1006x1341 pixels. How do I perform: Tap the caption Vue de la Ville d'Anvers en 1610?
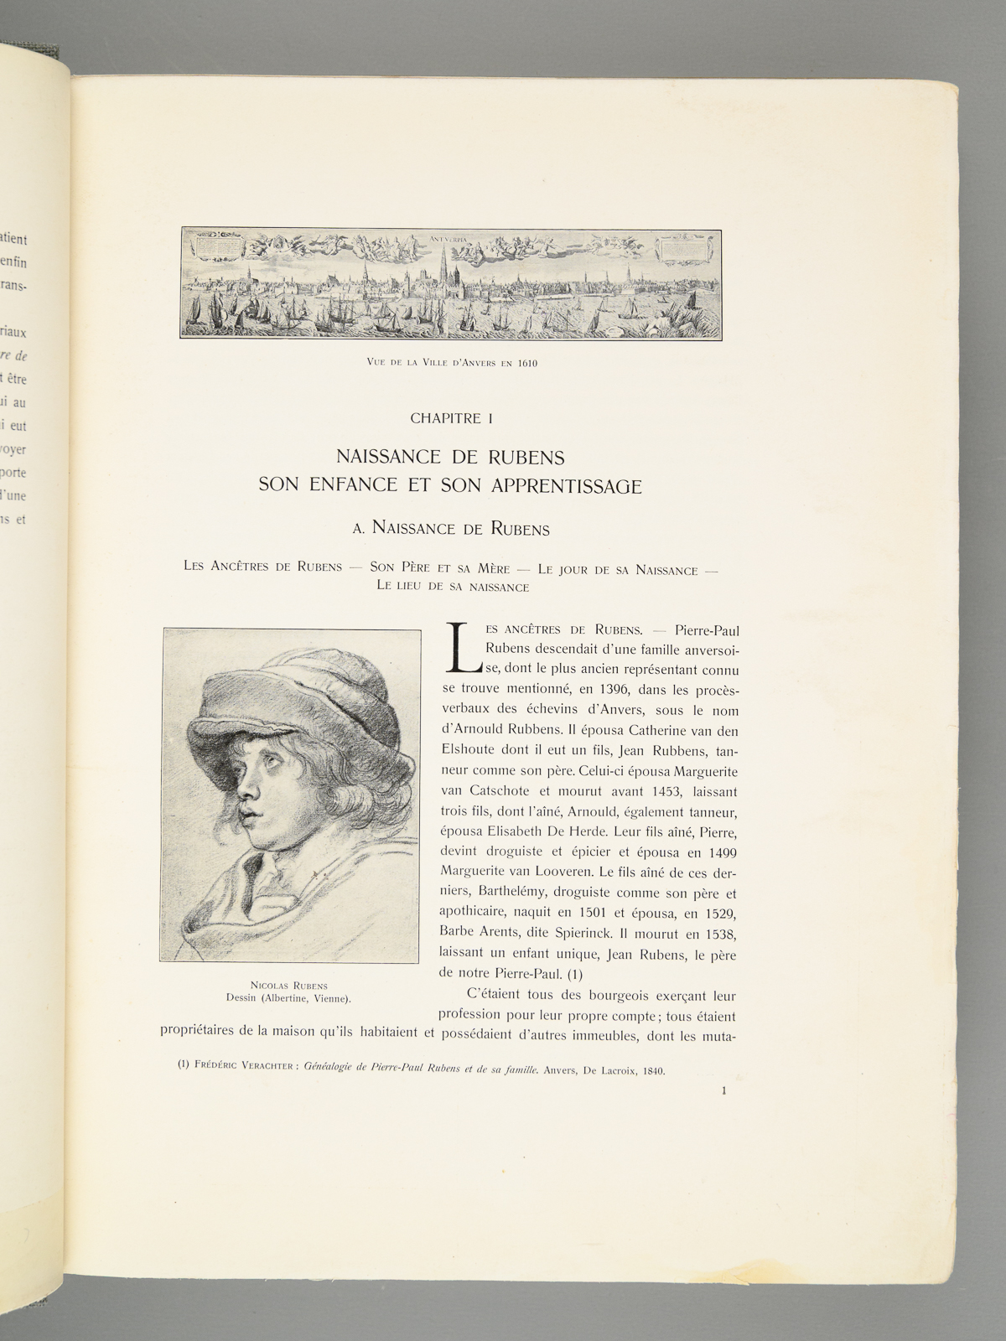[451, 363]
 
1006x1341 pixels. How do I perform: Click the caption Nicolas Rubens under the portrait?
[288, 986]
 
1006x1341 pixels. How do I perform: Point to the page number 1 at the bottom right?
[723, 1090]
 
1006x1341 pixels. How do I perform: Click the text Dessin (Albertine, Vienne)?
[288, 998]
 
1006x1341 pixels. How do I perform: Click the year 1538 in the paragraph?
[719, 932]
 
